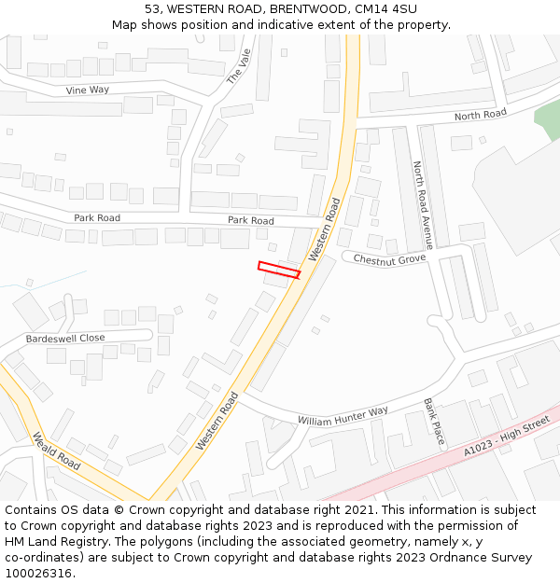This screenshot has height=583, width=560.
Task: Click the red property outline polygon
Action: (279, 271)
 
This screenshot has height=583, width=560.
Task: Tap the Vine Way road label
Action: (88, 90)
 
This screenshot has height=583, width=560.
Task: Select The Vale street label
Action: (240, 67)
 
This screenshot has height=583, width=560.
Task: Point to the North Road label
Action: (480, 115)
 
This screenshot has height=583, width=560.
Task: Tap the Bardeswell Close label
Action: (65, 338)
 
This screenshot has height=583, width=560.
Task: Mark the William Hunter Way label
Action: (343, 416)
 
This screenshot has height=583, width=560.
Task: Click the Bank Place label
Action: (435, 422)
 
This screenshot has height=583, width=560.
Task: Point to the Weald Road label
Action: (57, 450)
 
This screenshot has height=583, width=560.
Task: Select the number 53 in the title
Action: (152, 9)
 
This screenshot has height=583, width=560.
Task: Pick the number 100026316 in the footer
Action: (39, 573)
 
